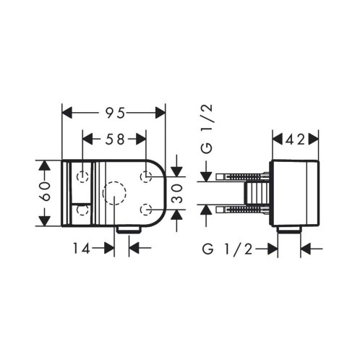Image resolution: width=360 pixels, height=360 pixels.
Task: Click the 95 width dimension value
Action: (x=113, y=113)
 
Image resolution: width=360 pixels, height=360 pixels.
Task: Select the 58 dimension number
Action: (x=115, y=139)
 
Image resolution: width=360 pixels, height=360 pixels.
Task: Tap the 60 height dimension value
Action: (x=45, y=192)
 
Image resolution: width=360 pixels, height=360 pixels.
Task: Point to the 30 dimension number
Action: (x=177, y=193)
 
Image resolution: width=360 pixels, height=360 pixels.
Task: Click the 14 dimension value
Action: (x=82, y=248)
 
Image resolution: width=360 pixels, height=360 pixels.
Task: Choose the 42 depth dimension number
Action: (x=296, y=139)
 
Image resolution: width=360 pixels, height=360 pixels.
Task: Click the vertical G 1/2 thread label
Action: (x=207, y=129)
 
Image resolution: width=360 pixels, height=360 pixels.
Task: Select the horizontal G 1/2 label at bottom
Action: (x=228, y=249)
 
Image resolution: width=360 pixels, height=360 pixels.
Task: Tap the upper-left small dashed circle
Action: (x=82, y=176)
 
